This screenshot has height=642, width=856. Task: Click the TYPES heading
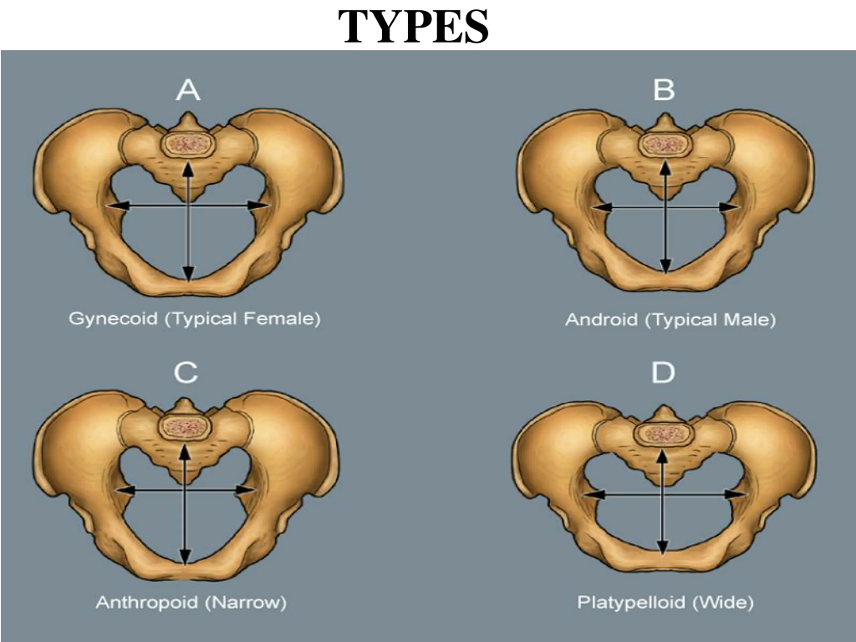coord(413,26)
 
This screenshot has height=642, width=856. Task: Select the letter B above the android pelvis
coord(664,90)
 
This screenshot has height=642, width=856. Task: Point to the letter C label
coord(186,373)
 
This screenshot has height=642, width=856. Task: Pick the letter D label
coord(663,373)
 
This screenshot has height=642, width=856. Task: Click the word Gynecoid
coord(113,319)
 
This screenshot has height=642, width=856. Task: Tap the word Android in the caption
coord(601,320)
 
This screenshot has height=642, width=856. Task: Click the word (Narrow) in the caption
coord(245,603)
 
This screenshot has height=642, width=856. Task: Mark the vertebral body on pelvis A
coord(189,144)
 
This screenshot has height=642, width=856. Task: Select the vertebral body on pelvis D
coord(663,434)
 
